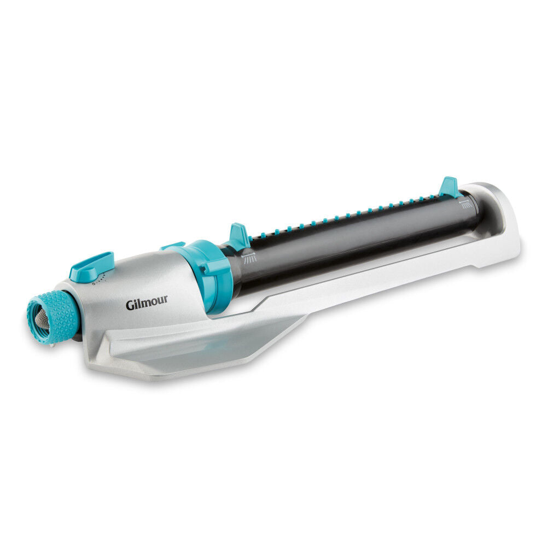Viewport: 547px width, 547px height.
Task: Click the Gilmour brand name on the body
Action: tap(147, 303)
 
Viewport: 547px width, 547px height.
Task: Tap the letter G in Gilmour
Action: tap(130, 304)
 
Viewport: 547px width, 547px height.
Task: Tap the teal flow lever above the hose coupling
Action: tap(92, 266)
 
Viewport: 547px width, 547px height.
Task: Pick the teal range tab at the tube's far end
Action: tap(450, 187)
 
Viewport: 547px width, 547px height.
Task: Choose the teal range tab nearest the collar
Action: tap(239, 237)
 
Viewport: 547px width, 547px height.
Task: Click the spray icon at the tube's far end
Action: tap(465, 204)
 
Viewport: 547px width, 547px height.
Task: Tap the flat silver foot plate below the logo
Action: tap(181, 350)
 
